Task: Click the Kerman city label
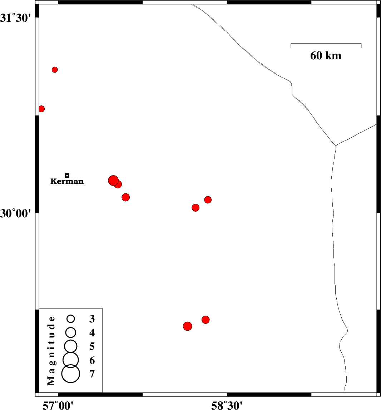pos(67,181)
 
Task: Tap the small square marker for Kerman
pos(67,176)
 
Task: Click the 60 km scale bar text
pos(326,55)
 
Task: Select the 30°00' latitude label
pos(16,213)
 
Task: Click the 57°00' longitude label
pos(58,406)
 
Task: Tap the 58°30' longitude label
pos(227,406)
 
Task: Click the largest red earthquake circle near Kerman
pos(113,181)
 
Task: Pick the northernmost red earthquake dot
pos(55,70)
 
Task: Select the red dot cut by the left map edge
pos(41,109)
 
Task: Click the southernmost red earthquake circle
pos(188,326)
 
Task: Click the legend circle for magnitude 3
pos(71,319)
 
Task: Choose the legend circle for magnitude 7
pos(71,374)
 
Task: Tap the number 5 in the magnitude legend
pos(92,346)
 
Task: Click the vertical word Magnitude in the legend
pos(51,351)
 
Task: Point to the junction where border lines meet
pos(336,145)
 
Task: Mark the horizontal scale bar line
pos(326,44)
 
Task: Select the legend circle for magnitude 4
pos(71,332)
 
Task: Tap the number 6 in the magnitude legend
pos(92,361)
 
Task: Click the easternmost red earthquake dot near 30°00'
pos(208,200)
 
